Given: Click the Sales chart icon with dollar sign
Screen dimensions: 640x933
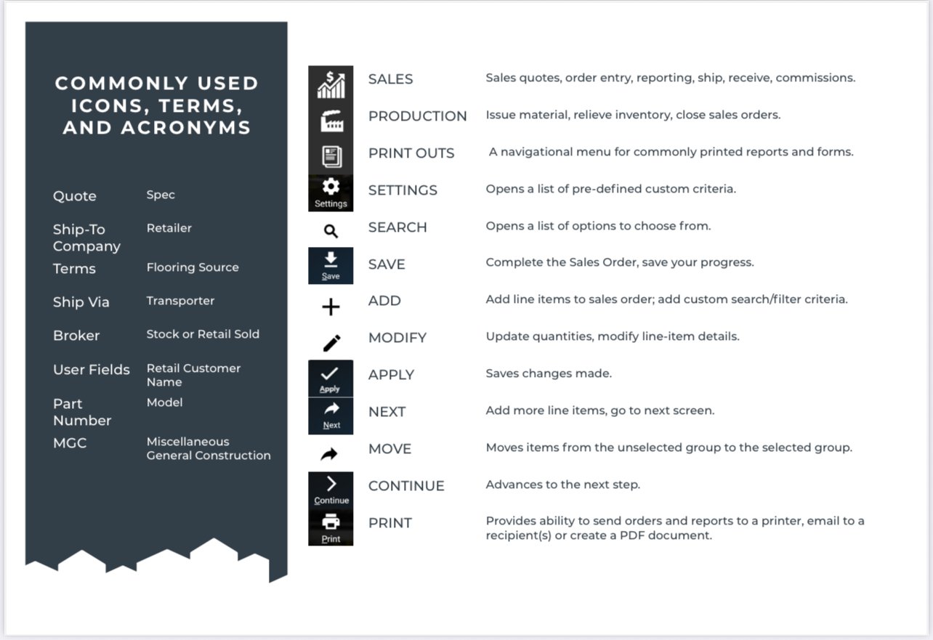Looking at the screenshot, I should point(331,84).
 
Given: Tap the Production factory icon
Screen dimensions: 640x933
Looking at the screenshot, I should point(331,121).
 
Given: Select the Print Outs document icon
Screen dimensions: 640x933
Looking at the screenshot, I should point(331,155).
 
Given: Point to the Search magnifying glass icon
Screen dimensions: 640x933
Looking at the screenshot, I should point(331,232).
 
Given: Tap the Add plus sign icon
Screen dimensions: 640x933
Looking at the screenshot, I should point(331,307).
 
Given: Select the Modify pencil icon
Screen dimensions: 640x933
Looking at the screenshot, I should point(331,343).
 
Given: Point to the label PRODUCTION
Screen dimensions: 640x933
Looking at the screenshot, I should point(417,116).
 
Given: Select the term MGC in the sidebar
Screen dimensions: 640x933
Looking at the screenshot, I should point(70,442).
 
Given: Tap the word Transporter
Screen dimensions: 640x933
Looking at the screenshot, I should point(180,301).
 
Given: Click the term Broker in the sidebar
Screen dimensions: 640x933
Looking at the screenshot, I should point(76,336).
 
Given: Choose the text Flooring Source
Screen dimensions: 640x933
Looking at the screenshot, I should point(193,267).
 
